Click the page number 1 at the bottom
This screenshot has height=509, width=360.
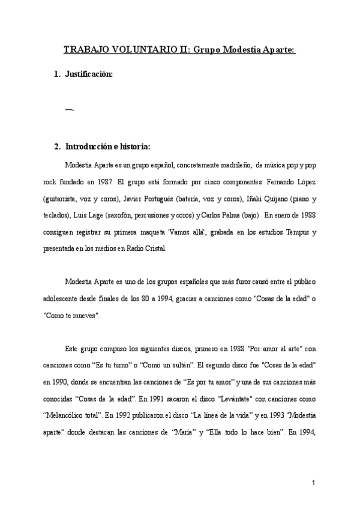(313, 482)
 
